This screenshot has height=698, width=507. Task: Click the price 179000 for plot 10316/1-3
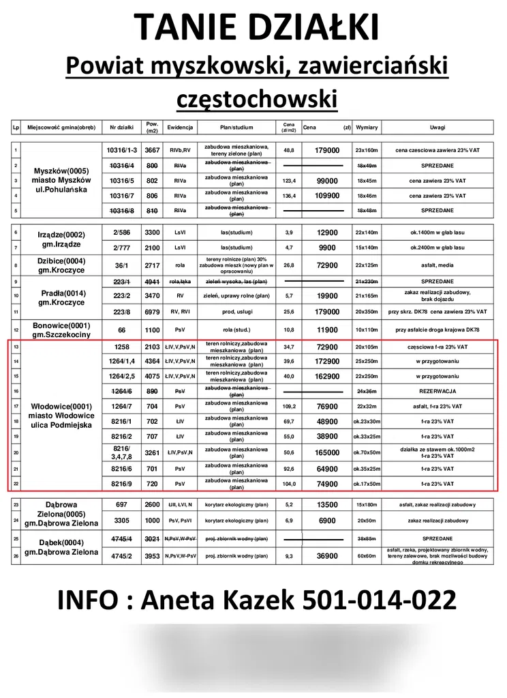pos(326,150)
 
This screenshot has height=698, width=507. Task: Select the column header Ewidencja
pos(181,128)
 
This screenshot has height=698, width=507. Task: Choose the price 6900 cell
pos(326,521)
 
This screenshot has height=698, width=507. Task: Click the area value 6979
pos(152,311)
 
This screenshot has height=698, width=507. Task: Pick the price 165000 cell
pos(326,452)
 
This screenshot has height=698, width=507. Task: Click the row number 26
pos(15,556)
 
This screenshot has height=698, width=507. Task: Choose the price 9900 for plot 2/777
pos(326,248)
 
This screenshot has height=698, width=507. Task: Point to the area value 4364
pos(152,361)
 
